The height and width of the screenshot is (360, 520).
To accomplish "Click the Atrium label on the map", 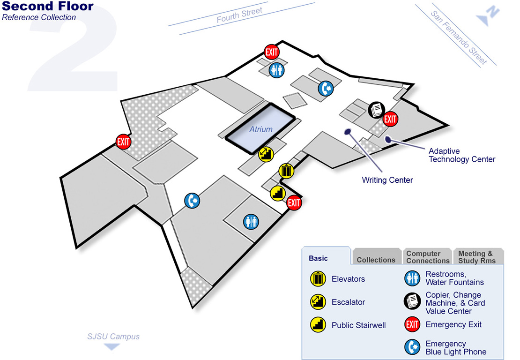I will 260,129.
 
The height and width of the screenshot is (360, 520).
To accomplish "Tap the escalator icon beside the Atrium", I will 265,153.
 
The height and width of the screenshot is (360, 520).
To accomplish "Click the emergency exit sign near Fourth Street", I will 272,52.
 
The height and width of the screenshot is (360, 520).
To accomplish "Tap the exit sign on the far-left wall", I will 123,141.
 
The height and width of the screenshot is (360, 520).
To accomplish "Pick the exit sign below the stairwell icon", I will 294,203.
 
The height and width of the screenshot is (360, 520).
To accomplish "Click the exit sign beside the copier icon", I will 390,119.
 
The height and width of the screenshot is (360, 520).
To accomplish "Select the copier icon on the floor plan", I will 376,110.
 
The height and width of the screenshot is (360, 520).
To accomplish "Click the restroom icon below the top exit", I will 276,70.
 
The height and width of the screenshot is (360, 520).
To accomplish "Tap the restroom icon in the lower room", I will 251,221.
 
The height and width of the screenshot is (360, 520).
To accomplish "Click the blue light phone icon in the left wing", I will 192,201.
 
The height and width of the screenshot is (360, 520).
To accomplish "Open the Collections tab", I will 376,260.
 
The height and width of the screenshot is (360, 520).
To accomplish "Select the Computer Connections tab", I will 428,257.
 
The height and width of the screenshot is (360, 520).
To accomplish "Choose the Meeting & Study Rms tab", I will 475,257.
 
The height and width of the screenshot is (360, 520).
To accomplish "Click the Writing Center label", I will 387,180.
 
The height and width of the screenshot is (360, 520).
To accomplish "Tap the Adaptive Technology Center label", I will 461,155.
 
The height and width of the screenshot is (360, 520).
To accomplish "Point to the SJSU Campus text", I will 113,336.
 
